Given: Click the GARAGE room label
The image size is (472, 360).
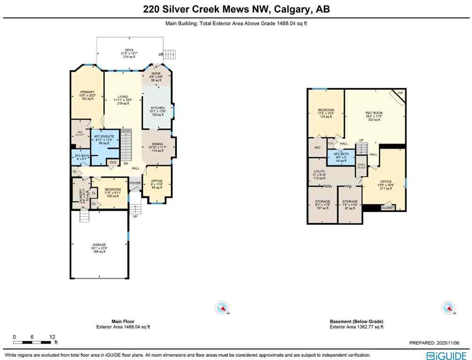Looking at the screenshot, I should tap(99, 245).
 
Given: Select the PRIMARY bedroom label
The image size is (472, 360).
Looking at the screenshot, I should tap(87, 92).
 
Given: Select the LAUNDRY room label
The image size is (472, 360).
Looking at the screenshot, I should tap(81, 195).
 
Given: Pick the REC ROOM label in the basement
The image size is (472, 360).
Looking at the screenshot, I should tap(374, 113).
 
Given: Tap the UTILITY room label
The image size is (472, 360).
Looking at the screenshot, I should tap(319, 172).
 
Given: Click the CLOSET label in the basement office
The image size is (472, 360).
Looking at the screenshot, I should tap(388, 207).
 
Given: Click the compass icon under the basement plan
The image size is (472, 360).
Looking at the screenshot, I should tap(448, 308).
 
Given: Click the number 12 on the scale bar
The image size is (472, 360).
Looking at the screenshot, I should tap(52, 337).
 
